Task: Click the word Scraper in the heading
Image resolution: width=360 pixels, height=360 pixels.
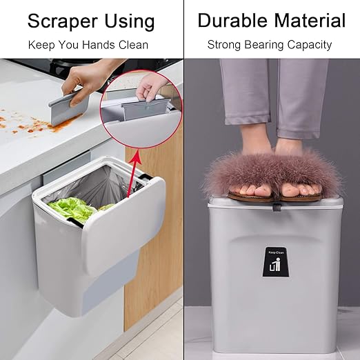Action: (63, 21)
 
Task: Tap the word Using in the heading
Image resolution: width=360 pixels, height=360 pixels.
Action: (130, 21)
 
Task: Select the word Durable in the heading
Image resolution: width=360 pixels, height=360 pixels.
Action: (232, 20)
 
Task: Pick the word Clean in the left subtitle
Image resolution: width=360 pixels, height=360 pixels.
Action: (133, 45)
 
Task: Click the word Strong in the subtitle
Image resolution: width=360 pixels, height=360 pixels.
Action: (223, 45)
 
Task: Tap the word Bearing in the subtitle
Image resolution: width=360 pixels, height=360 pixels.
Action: (263, 45)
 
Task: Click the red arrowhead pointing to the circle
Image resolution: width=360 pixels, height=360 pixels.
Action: (137, 156)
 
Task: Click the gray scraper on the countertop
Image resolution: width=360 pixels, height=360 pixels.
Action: (68, 109)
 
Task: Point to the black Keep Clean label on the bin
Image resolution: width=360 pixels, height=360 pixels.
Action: (276, 262)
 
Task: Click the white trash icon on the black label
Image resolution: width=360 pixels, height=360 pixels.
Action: (275, 265)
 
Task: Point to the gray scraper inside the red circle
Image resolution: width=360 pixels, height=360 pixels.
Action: (146, 109)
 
